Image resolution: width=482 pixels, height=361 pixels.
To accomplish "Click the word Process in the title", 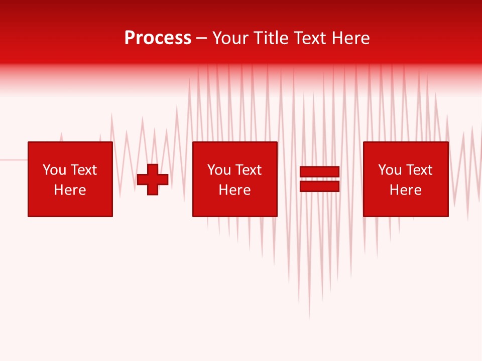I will pos(158,38).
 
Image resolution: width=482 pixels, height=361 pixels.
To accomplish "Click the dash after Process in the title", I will pos(201,39).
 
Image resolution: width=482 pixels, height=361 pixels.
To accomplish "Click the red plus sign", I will pos(153,179).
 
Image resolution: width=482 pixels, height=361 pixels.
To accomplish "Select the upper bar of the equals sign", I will pos(319,172).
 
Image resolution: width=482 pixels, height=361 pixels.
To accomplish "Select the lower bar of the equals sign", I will pos(319,186).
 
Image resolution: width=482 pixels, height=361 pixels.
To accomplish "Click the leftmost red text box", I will pos(70,150).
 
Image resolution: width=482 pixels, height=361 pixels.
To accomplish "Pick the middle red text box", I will pos(234,150).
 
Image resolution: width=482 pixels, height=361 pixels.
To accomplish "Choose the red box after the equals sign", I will pos(406,150).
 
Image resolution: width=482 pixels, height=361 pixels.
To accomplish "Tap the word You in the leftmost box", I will pos(54,170).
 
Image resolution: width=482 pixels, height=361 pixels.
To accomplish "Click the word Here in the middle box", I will pos(234,190).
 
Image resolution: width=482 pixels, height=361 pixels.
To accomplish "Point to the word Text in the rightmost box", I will pos(419,170).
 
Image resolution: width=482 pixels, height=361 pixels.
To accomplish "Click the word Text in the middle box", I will pos(249,170).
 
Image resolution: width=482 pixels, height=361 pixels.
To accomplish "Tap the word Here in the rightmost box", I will pos(406,190).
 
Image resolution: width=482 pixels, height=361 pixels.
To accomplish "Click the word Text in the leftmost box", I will pos(84,170).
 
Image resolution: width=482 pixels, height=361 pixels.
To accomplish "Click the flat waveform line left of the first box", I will pos(13,159).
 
